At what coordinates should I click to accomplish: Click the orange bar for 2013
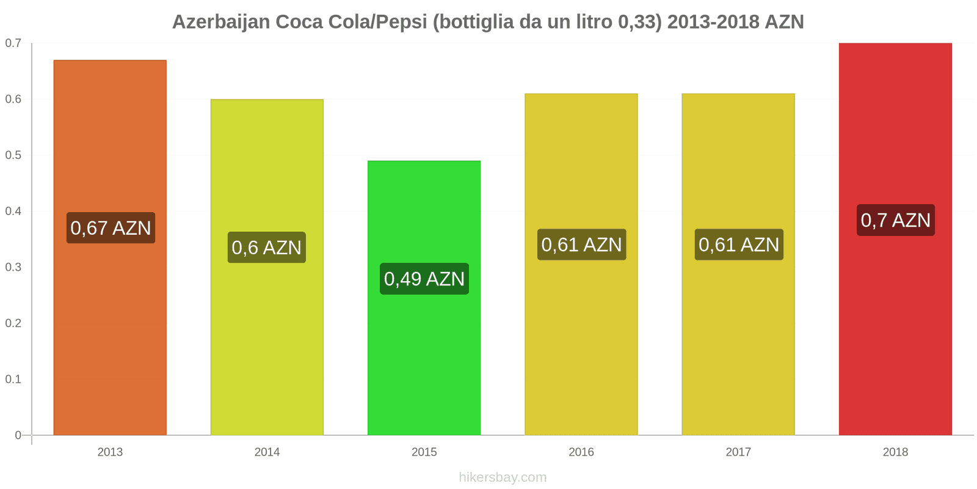[110, 330]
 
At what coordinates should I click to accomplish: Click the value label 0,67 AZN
[111, 228]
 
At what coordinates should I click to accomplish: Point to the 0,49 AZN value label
[424, 279]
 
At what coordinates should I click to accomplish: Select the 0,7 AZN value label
[895, 220]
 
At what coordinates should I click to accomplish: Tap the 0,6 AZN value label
[267, 248]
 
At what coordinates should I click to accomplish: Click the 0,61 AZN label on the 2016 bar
[581, 244]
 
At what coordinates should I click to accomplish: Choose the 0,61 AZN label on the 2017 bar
[739, 244]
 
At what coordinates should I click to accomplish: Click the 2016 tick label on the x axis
[581, 452]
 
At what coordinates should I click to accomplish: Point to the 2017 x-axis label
[738, 452]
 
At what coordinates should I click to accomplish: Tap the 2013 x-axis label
[110, 452]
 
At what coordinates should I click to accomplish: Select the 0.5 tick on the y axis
[13, 155]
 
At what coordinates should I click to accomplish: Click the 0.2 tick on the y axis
[13, 323]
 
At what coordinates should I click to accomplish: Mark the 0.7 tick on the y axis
[13, 43]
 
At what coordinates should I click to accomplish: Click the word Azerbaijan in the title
[221, 22]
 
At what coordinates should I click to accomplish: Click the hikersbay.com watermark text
[503, 477]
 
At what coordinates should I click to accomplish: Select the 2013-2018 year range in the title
[713, 22]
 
